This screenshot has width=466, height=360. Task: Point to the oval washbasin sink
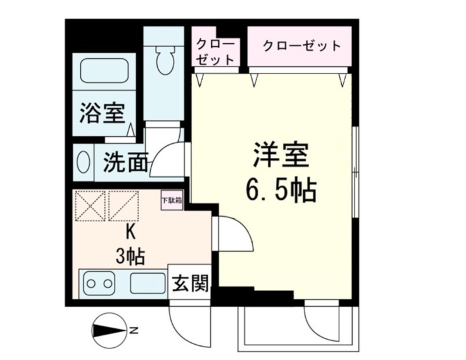[82, 162]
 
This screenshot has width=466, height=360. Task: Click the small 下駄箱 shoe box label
[171, 199]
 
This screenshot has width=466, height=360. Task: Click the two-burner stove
[98, 283]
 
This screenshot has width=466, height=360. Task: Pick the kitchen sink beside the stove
[148, 283]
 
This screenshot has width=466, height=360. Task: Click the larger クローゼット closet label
[301, 46]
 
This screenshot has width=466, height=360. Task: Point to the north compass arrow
[108, 330]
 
